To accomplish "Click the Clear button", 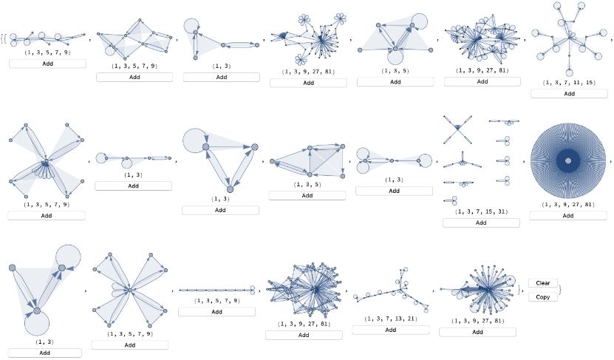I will [543, 283].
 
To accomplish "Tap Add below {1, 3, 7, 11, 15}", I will [567, 93].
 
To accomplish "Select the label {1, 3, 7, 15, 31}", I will [481, 211].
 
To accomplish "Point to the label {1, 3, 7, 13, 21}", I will [390, 319].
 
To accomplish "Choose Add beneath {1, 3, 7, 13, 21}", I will [390, 330].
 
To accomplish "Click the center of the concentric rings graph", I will [567, 160].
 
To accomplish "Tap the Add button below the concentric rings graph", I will [567, 216].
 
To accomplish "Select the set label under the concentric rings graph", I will [567, 205].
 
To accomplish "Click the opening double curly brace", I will [4, 37].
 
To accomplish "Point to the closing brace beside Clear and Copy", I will [560, 290].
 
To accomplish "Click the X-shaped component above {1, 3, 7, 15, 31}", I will [458, 128].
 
